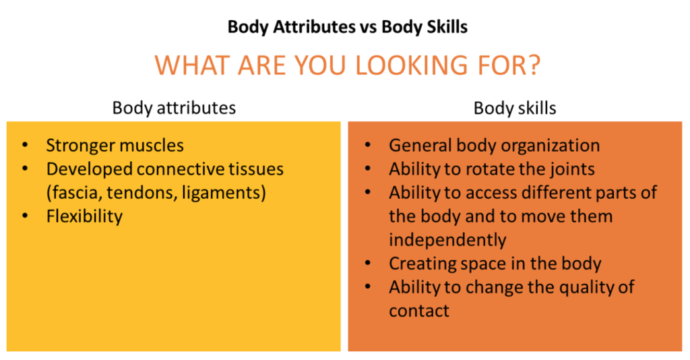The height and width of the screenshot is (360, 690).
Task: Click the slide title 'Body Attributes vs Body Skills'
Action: [x=348, y=27]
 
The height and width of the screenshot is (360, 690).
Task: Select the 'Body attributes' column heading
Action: [x=174, y=108]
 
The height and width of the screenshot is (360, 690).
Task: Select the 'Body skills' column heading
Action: [x=514, y=108]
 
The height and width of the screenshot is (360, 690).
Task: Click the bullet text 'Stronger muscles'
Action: [x=115, y=146]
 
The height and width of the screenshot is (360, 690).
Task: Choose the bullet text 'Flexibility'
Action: [x=84, y=216]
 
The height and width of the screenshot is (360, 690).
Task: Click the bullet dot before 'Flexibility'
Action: [x=26, y=216]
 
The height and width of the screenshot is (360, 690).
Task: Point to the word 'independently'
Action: [x=447, y=240]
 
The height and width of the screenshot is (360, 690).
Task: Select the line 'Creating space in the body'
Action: [x=495, y=264]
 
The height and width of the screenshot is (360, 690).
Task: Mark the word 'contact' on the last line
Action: [x=419, y=311]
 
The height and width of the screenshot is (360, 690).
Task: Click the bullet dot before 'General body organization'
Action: [x=368, y=146]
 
